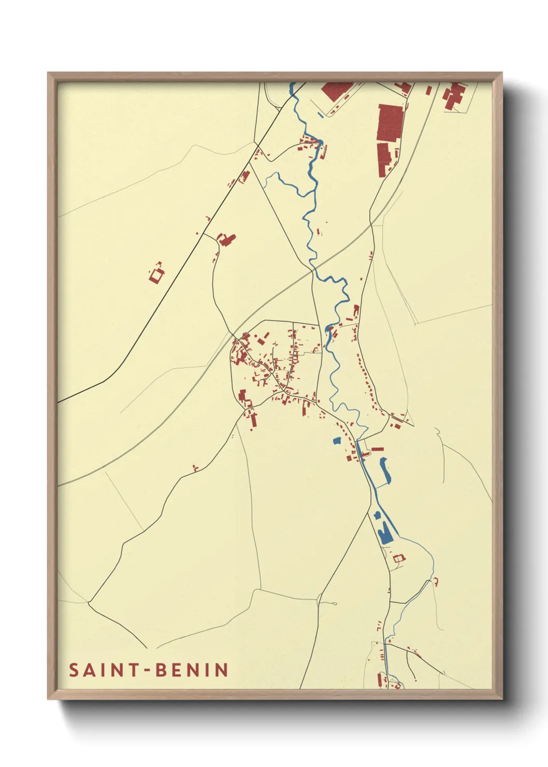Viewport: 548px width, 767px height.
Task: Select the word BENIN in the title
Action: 192,670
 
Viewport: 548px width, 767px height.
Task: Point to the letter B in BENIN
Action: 161,670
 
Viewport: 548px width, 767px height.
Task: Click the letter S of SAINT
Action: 74,670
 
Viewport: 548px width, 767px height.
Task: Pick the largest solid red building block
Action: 391,123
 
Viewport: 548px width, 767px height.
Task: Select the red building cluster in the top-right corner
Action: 453,96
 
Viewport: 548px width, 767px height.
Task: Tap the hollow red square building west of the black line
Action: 156,275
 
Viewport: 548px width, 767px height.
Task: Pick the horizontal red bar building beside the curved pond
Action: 378,449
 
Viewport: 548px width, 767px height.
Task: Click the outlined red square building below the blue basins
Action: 398,559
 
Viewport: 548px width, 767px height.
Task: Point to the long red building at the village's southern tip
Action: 253,419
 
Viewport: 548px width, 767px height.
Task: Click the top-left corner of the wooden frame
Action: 49,74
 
